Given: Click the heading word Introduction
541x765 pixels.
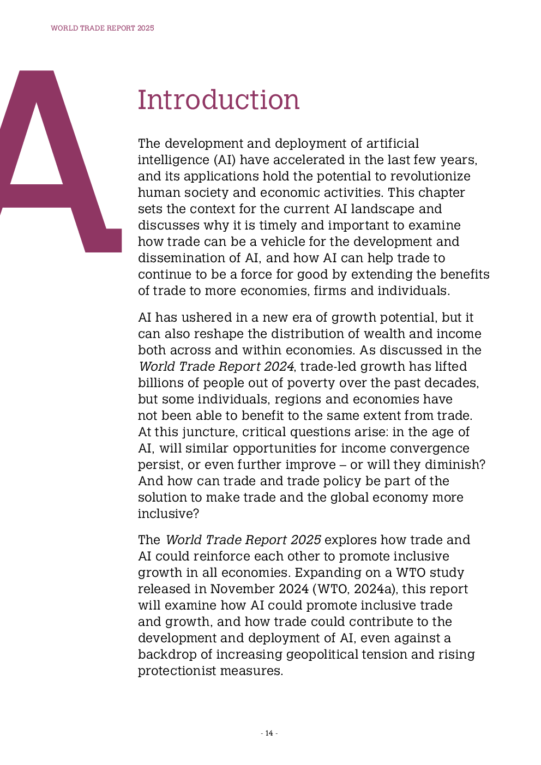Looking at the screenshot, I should (x=219, y=100).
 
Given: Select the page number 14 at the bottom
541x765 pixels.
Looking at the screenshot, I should (x=269, y=733).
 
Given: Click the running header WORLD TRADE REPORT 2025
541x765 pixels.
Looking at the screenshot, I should (x=103, y=28).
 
